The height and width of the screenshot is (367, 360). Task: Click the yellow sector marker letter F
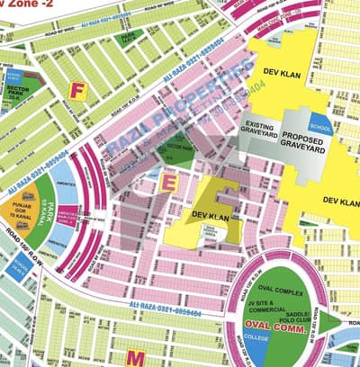coord(78,91)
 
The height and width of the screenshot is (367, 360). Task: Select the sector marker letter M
coord(135,357)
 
